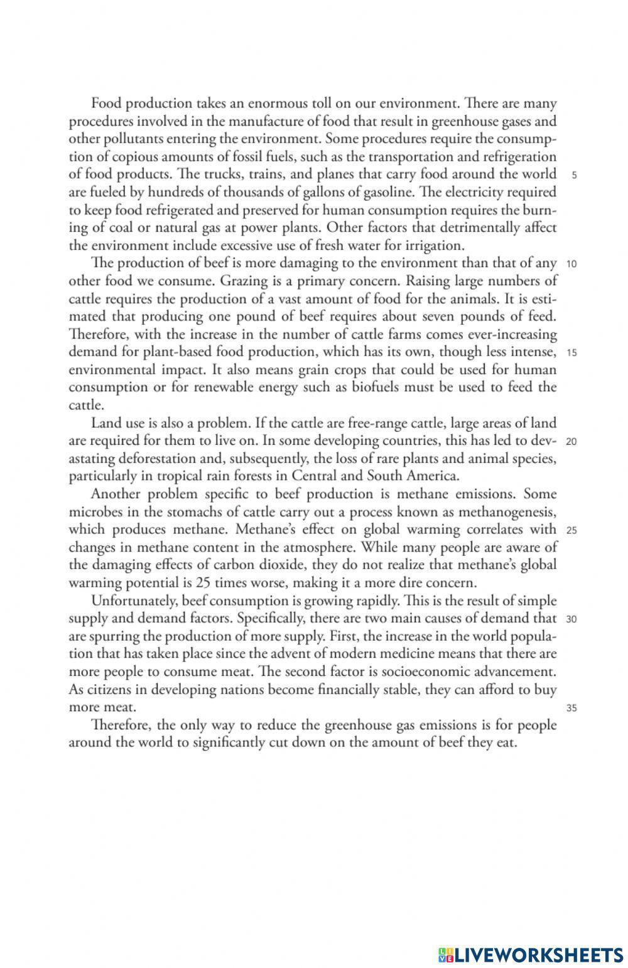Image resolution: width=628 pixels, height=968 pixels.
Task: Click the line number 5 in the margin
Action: pyautogui.click(x=575, y=175)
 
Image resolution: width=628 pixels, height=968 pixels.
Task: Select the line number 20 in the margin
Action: pyautogui.click(x=571, y=441)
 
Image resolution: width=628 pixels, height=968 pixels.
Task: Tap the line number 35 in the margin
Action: pyautogui.click(x=571, y=709)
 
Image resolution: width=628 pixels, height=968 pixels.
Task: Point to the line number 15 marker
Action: pyautogui.click(x=571, y=352)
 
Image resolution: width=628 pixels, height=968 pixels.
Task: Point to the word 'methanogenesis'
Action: pyautogui.click(x=506, y=512)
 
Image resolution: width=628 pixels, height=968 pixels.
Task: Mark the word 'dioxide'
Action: pyautogui.click(x=284, y=565)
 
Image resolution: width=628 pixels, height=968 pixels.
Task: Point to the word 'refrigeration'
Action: pyautogui.click(x=516, y=156)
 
